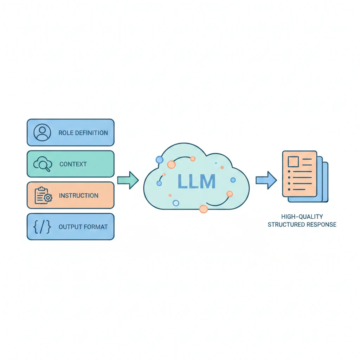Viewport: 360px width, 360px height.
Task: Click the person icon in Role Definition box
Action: pos(42,133)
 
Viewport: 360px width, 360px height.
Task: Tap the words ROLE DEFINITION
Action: pos(83,133)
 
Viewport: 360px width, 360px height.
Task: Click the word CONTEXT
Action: pos(73,164)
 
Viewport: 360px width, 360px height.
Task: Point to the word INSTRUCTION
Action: pos(79,195)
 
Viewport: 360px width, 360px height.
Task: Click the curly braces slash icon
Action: pos(42,227)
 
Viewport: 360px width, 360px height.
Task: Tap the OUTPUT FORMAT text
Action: pos(83,227)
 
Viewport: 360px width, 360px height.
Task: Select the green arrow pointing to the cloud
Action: pos(128,180)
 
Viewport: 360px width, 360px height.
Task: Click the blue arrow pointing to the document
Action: pos(266,180)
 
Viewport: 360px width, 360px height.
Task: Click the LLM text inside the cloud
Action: pos(196,181)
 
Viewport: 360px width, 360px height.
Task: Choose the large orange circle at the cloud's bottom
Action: pos(204,209)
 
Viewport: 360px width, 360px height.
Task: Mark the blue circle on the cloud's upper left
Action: pos(159,160)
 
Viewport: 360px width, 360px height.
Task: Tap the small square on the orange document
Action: pos(293,162)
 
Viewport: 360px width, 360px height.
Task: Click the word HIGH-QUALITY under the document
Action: pos(302,217)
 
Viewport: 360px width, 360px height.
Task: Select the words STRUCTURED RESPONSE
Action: pos(302,224)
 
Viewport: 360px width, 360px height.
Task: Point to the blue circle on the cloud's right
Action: pos(233,180)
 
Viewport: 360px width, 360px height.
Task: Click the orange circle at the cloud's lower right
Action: pos(230,194)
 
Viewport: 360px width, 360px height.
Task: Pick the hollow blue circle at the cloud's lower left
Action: pos(176,203)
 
